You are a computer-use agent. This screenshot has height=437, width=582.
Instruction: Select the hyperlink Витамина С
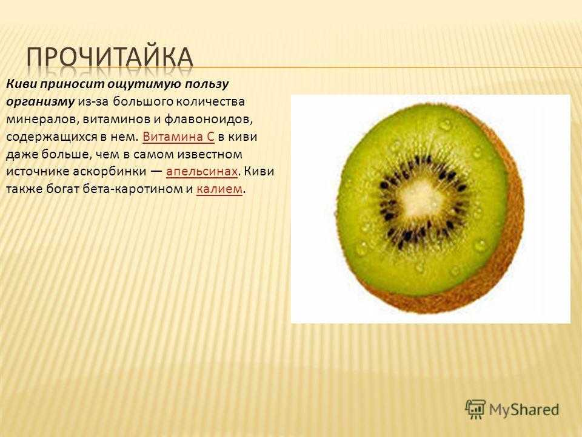pos(178,137)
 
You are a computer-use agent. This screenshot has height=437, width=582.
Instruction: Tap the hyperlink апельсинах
pos(202,172)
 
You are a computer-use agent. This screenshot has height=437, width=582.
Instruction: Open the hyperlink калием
pos(219,189)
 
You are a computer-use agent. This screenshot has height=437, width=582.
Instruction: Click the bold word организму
pos(41,102)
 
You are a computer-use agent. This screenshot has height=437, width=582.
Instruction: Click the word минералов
pos(42,120)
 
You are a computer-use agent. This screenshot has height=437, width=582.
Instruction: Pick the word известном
pos(209,154)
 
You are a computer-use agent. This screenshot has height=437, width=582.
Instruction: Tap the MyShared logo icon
pos(475,409)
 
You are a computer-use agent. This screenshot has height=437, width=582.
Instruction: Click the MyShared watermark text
pos(524,410)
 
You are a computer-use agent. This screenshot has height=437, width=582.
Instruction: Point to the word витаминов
pos(116,120)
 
